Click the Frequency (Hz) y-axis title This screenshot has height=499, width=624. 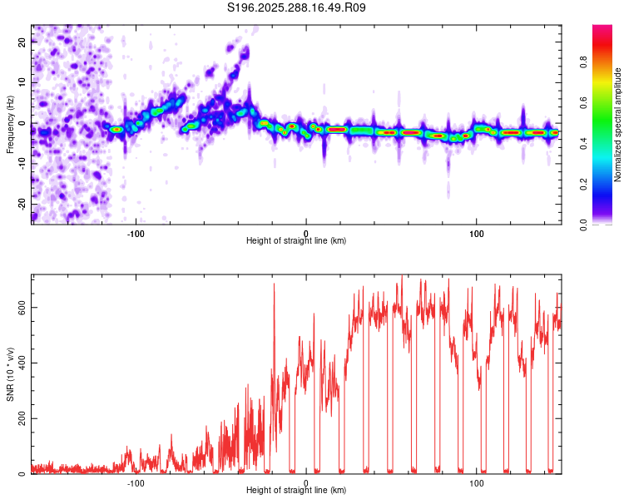tap(10, 124)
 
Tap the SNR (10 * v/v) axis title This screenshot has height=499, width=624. tap(10, 373)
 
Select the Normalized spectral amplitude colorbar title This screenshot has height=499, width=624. tap(618, 125)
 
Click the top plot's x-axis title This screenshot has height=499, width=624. tap(296, 240)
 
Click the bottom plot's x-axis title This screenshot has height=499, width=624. tap(296, 490)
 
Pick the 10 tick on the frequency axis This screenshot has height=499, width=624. tap(22, 83)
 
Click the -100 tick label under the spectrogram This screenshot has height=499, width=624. tap(136, 232)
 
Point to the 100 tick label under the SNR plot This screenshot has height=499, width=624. tap(477, 482)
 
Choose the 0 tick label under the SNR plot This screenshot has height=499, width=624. tap(306, 482)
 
